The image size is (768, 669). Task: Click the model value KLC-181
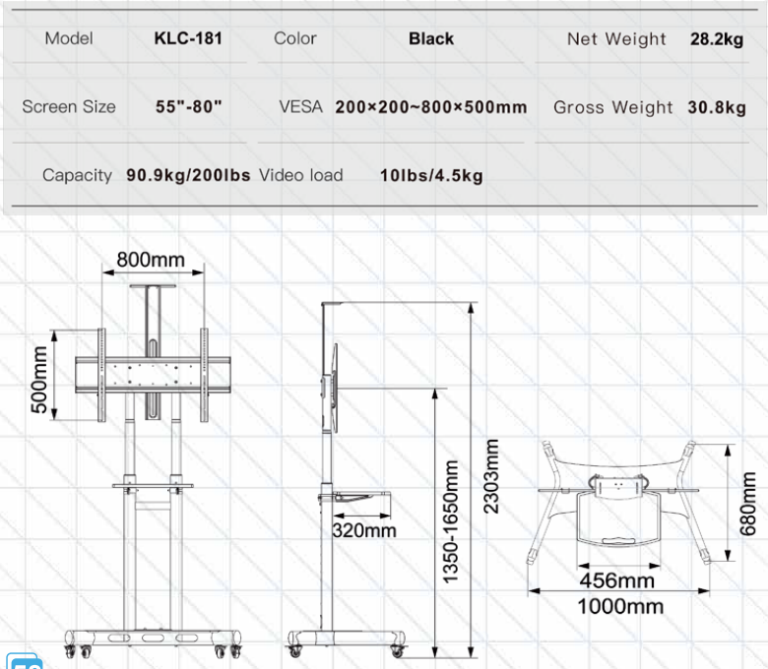click(x=188, y=38)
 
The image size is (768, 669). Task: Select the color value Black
click(x=431, y=38)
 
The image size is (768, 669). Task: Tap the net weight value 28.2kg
click(x=717, y=39)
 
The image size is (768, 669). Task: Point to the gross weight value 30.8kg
click(x=717, y=107)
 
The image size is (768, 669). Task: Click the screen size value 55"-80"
click(x=189, y=106)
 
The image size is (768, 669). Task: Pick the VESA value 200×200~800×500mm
click(x=431, y=107)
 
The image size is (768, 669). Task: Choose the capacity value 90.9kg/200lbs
click(x=188, y=175)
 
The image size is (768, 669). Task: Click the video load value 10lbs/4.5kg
click(x=431, y=175)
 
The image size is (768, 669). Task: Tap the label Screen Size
click(x=69, y=106)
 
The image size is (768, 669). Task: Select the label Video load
click(x=300, y=175)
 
